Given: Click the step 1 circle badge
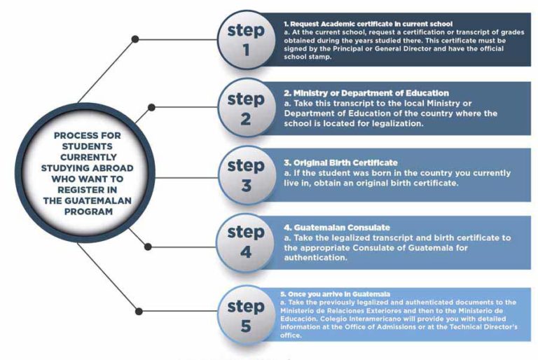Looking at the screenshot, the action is pos(246,40).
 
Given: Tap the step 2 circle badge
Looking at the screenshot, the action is pos(246,108).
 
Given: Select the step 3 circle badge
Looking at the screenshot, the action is pos(246,175).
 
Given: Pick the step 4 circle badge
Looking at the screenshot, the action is pos(246,242).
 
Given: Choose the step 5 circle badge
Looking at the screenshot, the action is pos(246,314).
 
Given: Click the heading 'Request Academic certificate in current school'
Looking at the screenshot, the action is pos(368,24).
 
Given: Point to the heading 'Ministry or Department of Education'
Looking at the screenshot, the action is pos(366,93).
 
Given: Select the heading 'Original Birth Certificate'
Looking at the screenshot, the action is pos(340,162).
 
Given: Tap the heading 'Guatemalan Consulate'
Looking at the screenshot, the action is pos(337,228).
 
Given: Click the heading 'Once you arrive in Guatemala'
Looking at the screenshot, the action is pos(336,294).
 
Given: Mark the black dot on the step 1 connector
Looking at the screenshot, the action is pos(135,39).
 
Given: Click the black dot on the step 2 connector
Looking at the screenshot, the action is pos(151,107).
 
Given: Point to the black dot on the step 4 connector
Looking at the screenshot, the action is pos(148,247).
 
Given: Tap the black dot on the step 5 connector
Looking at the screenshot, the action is pos(139,311).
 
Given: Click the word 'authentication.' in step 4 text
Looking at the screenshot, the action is pos(316,258).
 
